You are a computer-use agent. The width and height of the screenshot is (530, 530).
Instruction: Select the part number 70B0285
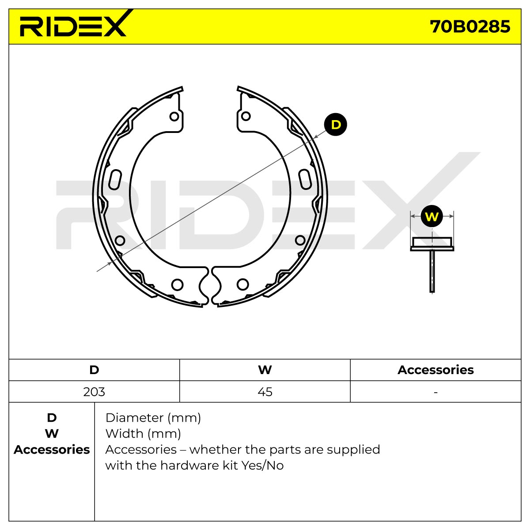(x=470, y=26)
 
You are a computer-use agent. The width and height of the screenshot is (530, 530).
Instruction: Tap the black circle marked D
(x=335, y=124)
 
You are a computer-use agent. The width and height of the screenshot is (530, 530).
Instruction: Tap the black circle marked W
(x=432, y=216)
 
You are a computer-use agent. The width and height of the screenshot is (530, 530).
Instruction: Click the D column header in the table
(x=94, y=370)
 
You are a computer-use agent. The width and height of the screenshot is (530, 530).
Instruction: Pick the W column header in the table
(x=265, y=370)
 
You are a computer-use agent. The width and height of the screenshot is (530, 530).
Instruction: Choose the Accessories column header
(x=435, y=370)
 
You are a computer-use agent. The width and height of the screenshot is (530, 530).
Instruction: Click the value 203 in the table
(x=94, y=392)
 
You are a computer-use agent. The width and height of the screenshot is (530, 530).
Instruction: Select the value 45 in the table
(x=265, y=392)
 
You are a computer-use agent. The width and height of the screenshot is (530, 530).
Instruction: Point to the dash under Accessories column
(x=435, y=393)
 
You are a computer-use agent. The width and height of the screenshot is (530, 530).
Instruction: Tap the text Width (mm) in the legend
(x=143, y=434)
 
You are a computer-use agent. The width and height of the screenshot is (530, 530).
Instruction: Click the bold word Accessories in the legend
(x=52, y=450)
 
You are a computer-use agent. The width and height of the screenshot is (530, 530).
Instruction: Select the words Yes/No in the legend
(x=262, y=466)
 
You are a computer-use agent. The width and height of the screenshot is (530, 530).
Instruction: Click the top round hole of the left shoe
(x=174, y=116)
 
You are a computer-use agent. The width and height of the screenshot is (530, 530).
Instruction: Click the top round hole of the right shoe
(x=246, y=116)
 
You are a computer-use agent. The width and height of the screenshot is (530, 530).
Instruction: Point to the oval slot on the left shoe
(x=115, y=179)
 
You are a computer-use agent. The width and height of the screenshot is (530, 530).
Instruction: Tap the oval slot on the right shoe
(x=305, y=179)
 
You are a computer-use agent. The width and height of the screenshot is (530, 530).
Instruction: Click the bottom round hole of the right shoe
(x=242, y=284)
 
